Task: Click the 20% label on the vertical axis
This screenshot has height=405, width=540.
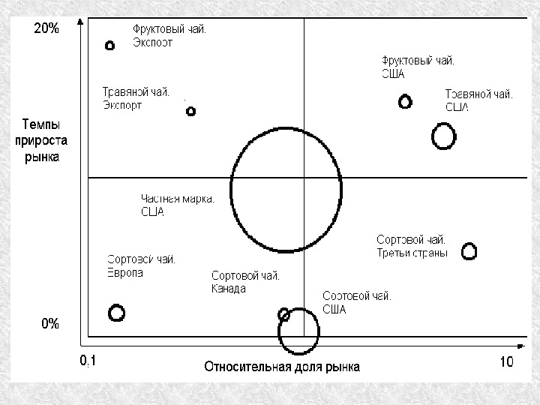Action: (46, 29)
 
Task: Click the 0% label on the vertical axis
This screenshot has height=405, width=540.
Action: (49, 324)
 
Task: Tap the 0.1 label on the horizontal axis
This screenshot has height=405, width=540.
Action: (88, 362)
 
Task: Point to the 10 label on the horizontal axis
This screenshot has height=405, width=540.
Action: (506, 362)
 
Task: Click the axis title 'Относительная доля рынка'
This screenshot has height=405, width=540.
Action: (282, 367)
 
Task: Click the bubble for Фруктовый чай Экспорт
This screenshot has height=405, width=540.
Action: (109, 46)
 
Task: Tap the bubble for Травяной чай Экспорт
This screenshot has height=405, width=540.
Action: (190, 111)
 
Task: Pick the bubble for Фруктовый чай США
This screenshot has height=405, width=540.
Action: (405, 101)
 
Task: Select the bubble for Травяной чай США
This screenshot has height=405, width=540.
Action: (444, 136)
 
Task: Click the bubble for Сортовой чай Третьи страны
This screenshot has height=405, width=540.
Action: (469, 251)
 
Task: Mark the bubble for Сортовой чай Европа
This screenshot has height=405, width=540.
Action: (116, 312)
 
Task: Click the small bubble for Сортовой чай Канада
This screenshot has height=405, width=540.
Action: (284, 314)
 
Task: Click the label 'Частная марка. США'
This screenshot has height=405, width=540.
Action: (178, 205)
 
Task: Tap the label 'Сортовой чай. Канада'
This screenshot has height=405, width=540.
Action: (245, 282)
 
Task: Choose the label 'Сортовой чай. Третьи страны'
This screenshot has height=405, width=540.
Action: (412, 246)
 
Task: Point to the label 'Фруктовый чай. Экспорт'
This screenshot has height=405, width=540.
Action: (169, 36)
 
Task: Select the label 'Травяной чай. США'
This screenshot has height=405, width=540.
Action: (478, 100)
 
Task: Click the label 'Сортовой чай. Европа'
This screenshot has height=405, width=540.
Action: (142, 266)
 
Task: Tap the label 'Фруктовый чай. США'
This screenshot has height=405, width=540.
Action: (417, 67)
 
